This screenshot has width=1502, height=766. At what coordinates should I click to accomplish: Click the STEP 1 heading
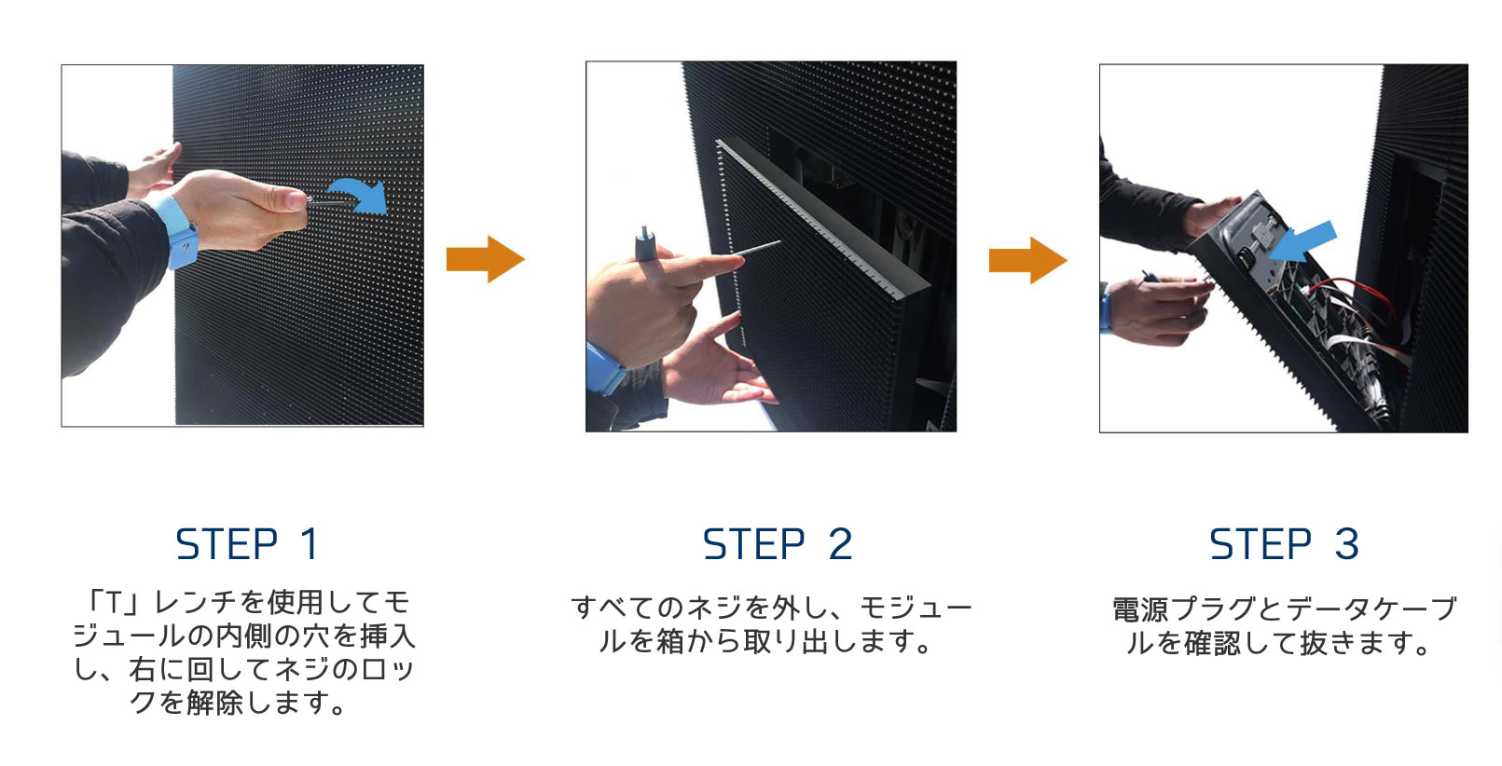click(x=247, y=544)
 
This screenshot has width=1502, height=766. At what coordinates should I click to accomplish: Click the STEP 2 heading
click(x=777, y=544)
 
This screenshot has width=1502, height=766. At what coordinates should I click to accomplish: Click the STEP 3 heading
click(x=1283, y=544)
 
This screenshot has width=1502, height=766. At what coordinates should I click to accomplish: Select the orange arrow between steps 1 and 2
click(x=485, y=259)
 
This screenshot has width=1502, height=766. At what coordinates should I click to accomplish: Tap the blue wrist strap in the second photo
click(x=605, y=368)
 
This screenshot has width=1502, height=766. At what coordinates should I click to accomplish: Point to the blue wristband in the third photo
click(x=1106, y=310)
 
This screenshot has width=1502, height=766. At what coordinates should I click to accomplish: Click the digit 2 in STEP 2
click(x=840, y=544)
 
